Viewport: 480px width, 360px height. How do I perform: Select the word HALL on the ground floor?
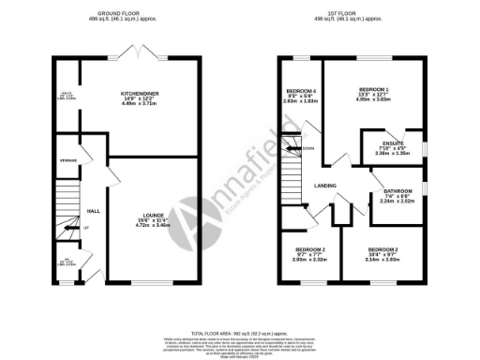94,210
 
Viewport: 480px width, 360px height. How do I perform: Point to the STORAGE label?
66,161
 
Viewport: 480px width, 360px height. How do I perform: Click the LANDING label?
325,185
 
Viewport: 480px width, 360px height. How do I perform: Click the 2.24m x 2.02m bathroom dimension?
397,201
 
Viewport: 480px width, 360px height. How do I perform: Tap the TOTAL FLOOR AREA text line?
240,333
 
